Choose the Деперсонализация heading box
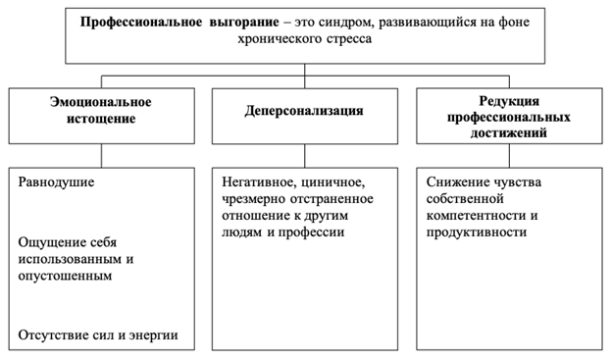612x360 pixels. tap(304, 111)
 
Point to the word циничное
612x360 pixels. tap(332, 183)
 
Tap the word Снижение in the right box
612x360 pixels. tap(460, 183)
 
